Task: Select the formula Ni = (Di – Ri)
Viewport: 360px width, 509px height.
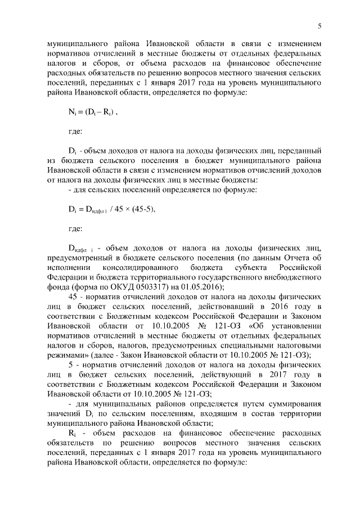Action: coord(92,113)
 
